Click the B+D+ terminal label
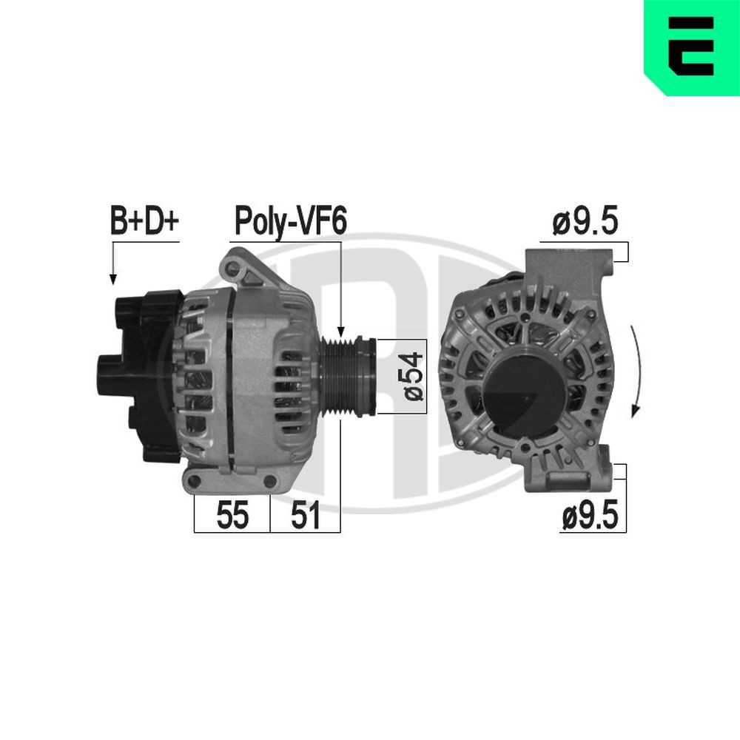click(145, 221)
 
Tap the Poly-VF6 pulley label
click(290, 221)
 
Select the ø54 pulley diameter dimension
click(414, 375)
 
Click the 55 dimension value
click(232, 516)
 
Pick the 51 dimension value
click(305, 516)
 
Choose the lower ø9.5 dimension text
click(589, 516)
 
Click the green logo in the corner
click(691, 47)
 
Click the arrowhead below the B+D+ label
click(113, 279)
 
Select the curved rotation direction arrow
click(635, 370)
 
